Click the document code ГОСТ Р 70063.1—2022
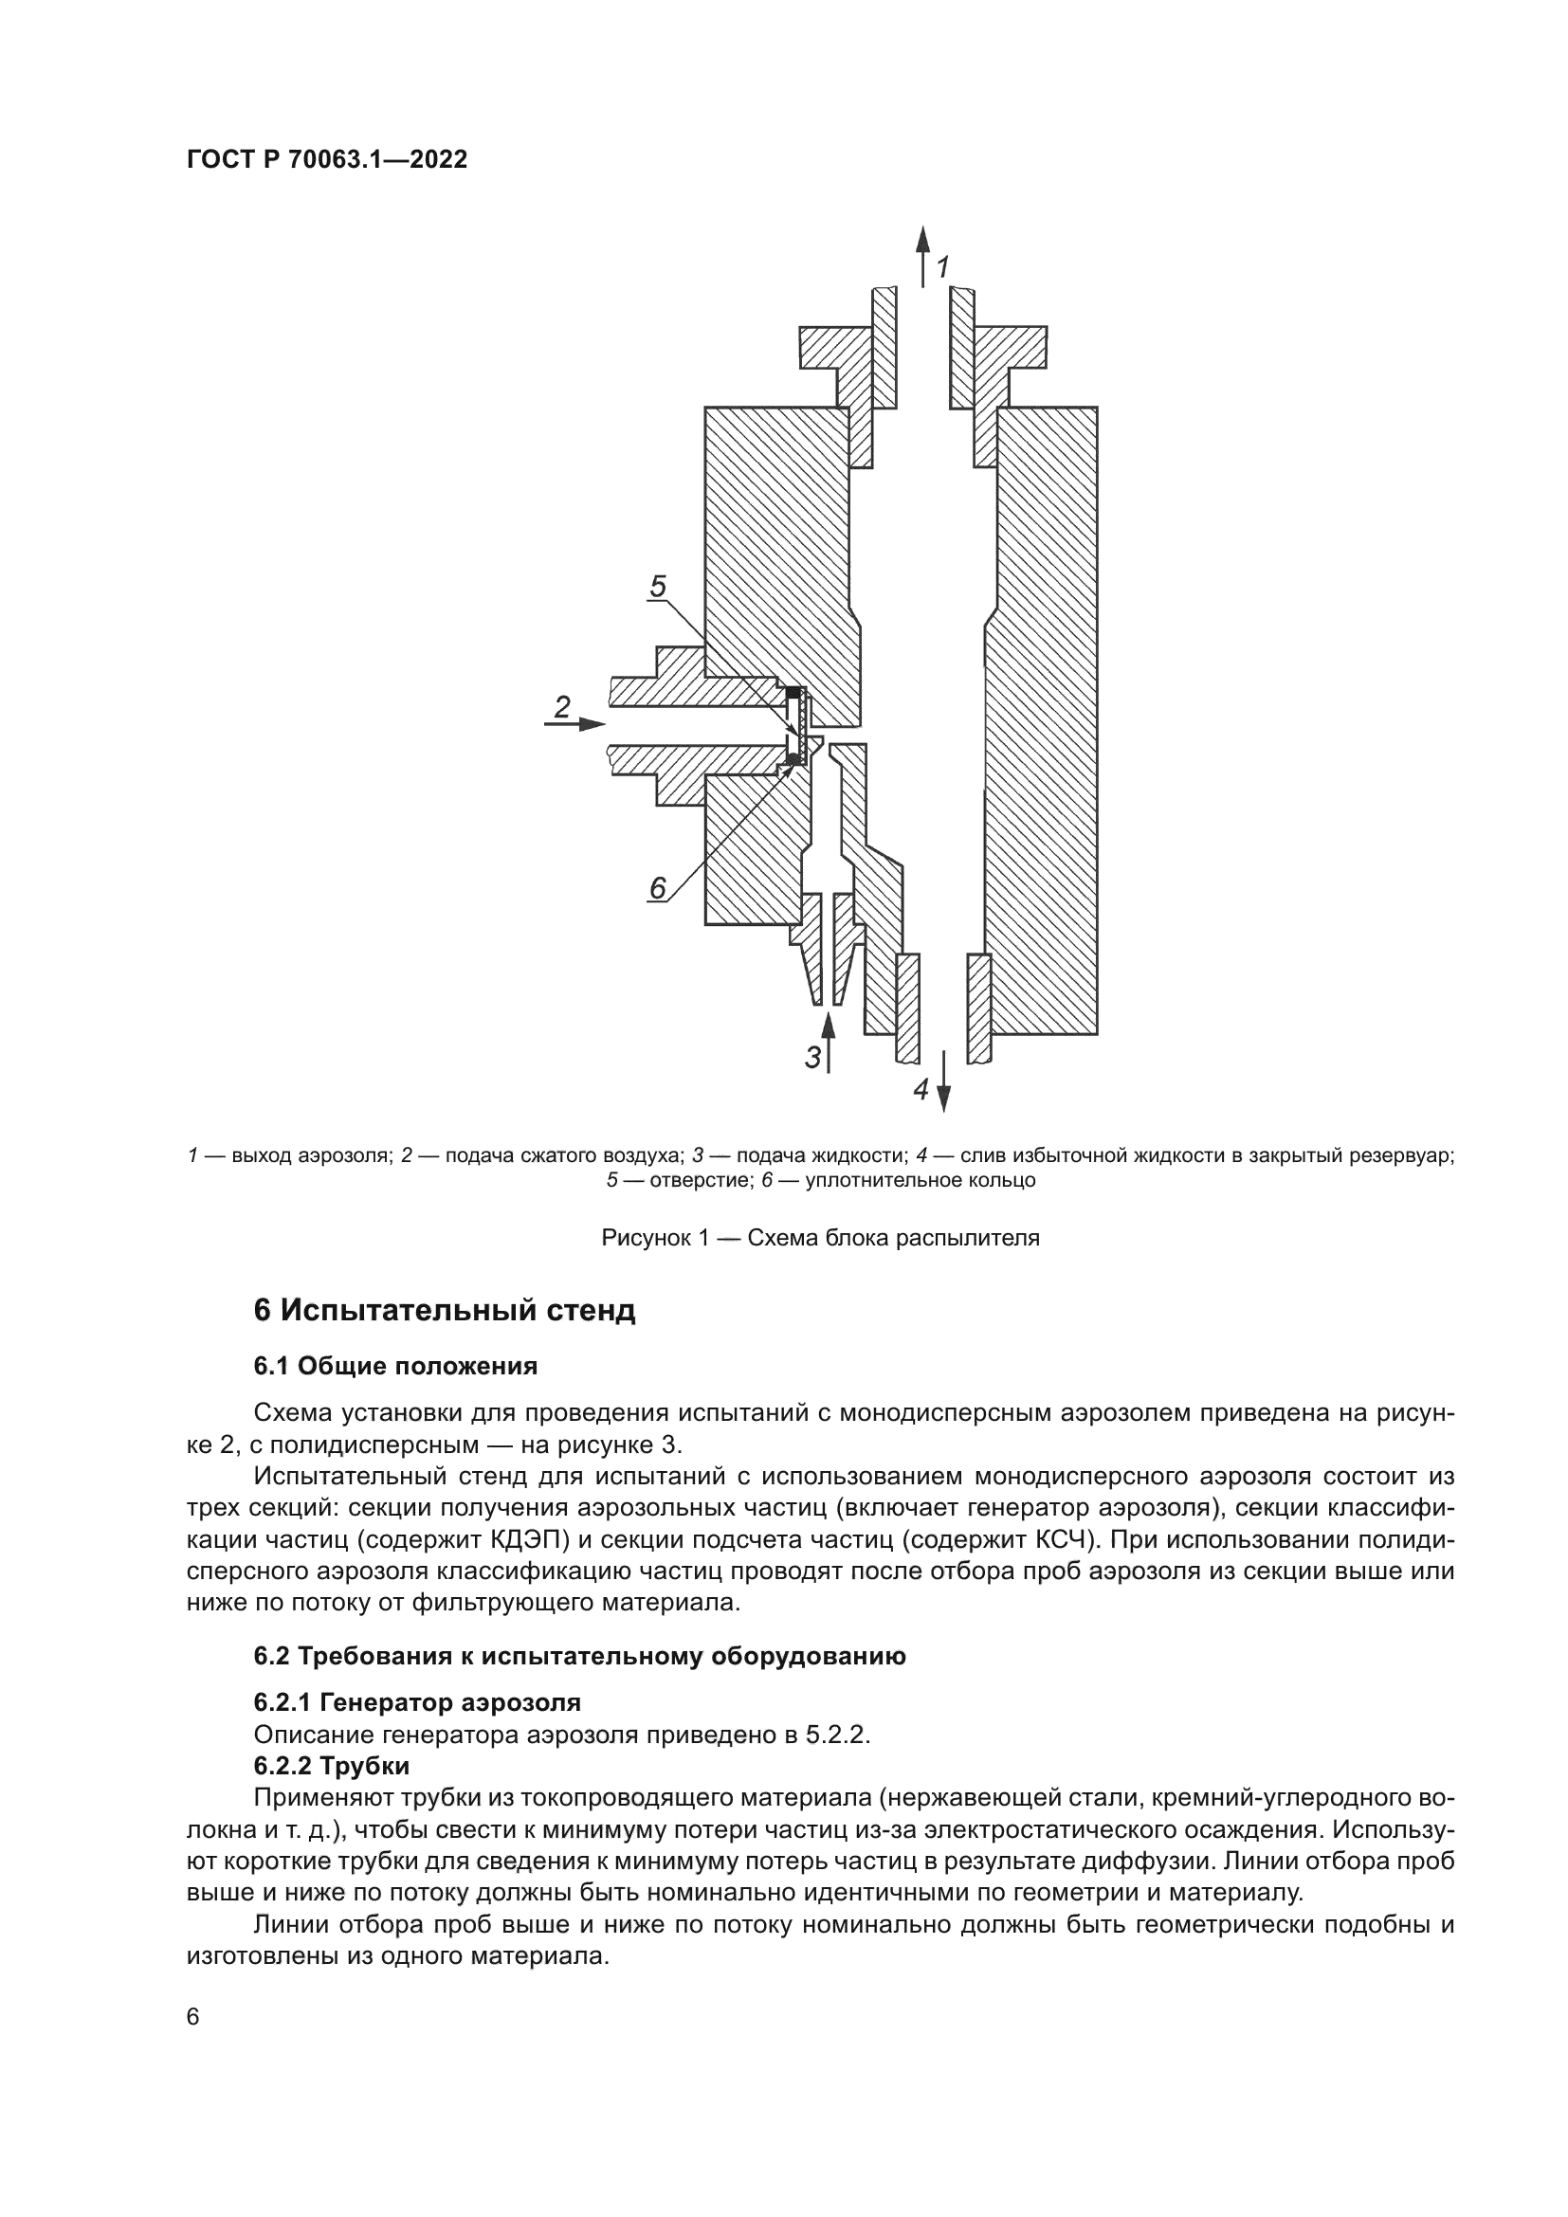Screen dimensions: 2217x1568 (326, 159)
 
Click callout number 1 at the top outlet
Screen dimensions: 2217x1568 (943, 266)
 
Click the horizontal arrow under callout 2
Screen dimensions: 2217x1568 (575, 723)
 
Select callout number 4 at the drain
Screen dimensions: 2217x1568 (921, 1090)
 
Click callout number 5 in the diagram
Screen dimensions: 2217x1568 (658, 586)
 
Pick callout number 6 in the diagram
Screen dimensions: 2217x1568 (658, 887)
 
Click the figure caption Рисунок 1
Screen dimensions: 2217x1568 (820, 1238)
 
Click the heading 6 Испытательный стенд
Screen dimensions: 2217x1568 (444, 1310)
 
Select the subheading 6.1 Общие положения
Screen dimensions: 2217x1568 (395, 1367)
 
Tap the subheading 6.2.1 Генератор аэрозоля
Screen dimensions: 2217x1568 (417, 1701)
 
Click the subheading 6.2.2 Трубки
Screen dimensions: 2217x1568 (331, 1766)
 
